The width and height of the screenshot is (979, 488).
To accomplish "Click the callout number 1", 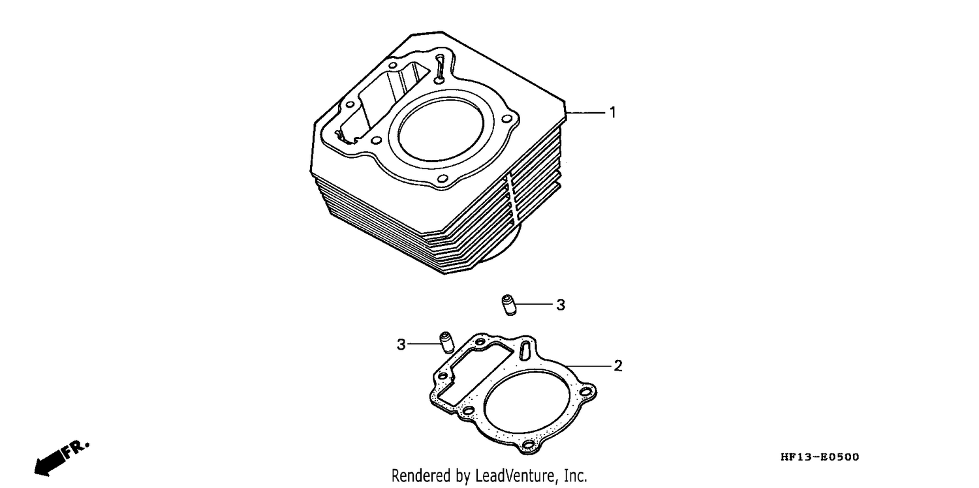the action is tap(613, 113).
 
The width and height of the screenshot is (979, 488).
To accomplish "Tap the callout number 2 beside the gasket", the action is tap(618, 365).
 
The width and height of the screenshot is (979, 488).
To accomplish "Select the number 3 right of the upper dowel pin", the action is tap(561, 305).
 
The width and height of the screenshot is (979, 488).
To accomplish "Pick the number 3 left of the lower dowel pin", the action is tap(401, 344).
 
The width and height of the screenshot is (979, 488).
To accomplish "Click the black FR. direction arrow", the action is tap(50, 463).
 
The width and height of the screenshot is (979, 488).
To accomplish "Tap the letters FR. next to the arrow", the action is tap(76, 450).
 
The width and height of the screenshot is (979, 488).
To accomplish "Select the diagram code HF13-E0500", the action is tap(820, 457).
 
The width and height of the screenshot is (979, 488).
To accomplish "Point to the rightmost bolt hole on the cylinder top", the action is tap(506, 119).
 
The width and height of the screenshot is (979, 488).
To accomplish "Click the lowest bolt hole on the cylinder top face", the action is tap(443, 179).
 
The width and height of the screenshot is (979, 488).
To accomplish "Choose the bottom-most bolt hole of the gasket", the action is tap(529, 445).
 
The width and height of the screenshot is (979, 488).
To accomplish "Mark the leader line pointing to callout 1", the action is tap(585, 113).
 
